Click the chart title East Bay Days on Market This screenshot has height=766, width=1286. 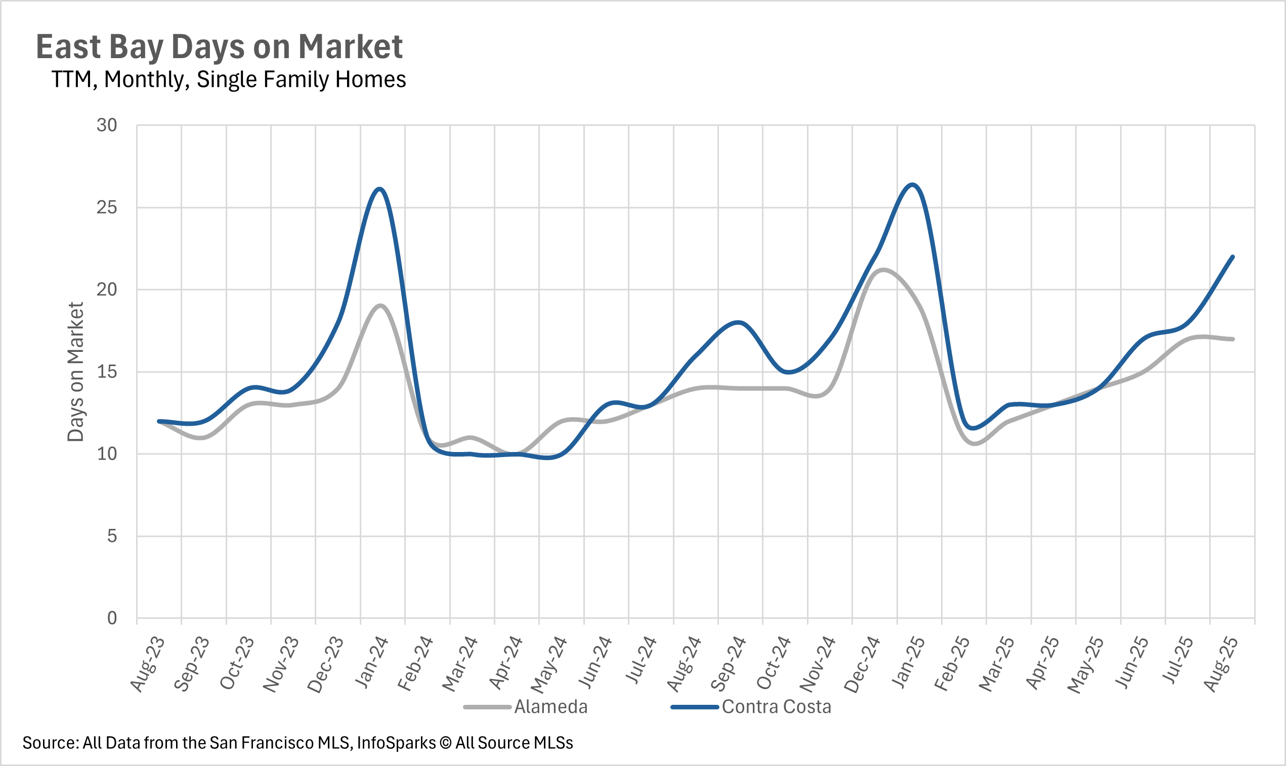219,47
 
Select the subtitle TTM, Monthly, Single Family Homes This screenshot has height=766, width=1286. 229,79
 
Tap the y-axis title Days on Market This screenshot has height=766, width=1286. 76,372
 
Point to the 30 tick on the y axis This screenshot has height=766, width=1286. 107,125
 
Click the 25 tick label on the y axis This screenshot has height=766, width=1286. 107,207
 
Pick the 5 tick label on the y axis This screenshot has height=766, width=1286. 112,536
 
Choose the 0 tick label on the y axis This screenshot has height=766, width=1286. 112,618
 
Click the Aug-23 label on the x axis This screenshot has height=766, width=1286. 148,664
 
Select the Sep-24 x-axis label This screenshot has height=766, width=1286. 728,664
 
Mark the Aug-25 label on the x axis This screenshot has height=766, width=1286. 1221,664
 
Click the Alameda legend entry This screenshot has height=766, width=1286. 550,707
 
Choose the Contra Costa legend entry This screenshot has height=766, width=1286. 776,707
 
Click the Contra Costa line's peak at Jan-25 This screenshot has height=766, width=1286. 913,184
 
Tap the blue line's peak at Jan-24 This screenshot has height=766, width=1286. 380,189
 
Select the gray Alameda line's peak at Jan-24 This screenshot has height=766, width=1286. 380,305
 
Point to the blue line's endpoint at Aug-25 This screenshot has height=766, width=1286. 1232,256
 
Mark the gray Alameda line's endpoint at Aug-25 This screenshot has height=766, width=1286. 1232,339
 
